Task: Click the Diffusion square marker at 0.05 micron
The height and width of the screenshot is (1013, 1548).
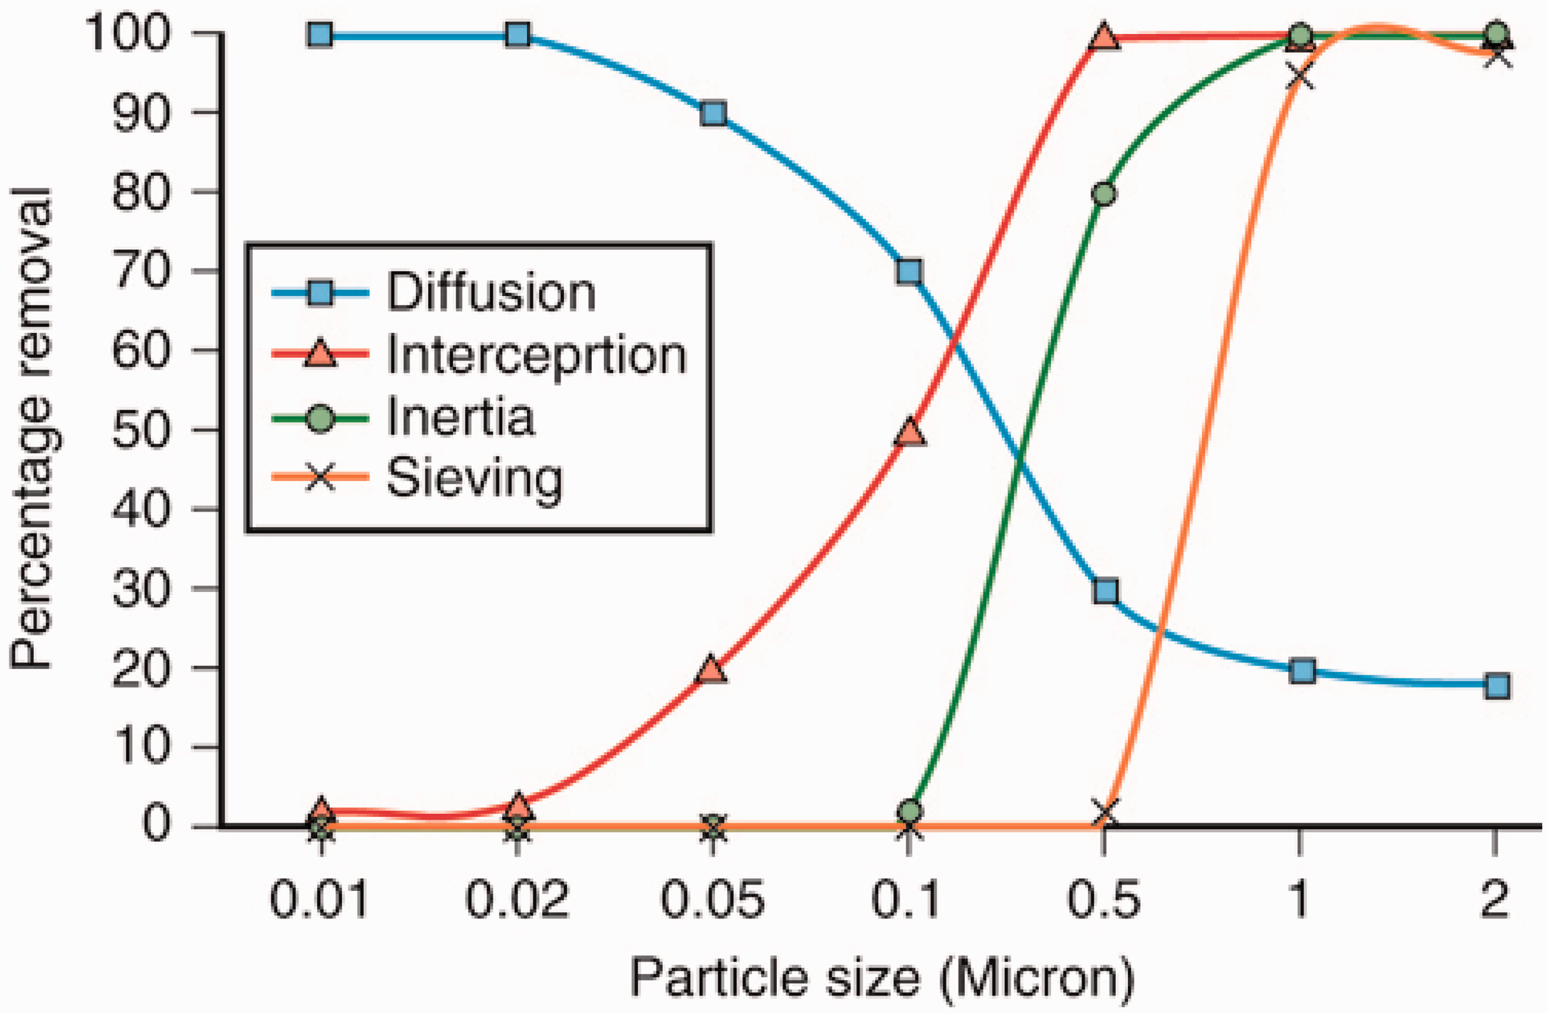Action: pos(713,115)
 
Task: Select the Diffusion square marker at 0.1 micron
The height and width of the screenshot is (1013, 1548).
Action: pos(909,272)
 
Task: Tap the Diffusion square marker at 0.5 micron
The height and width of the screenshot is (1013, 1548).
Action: pos(1105,591)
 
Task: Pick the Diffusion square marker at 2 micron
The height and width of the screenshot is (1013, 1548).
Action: pos(1496,686)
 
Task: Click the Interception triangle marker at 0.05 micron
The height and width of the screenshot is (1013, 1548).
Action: pos(711,670)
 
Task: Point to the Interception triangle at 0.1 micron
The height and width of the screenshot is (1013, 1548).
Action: pos(909,433)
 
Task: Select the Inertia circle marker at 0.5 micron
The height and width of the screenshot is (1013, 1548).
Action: pos(1104,194)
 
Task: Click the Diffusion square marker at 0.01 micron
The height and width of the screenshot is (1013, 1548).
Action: pos(320,35)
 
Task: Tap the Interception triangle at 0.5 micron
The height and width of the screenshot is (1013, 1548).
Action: pos(1104,37)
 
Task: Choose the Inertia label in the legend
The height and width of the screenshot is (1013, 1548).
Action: pos(460,417)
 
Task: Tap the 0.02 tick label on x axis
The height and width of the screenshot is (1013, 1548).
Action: pos(517,901)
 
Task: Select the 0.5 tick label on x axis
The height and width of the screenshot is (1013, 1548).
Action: pos(1104,901)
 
